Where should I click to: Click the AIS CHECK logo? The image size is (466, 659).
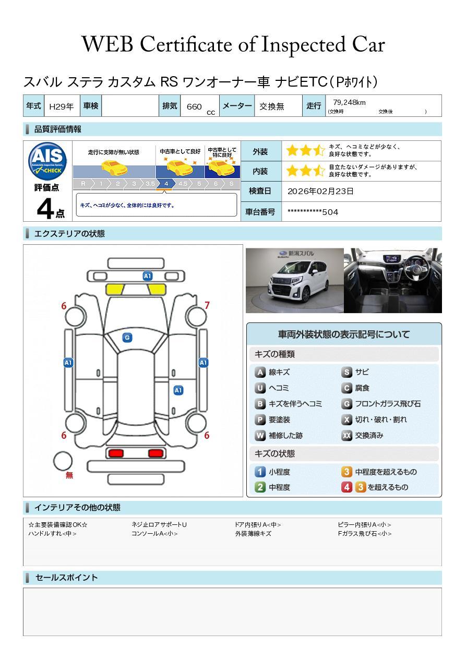[x=47, y=161]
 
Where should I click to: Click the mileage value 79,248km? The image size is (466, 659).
[x=349, y=102]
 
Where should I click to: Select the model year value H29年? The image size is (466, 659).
[x=61, y=106]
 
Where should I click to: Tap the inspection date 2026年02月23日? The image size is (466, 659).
[x=320, y=191]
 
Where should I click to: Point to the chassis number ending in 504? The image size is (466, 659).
[x=313, y=212]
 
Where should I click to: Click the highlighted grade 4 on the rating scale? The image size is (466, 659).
[x=166, y=184]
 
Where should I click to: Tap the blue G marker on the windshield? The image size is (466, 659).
[x=127, y=338]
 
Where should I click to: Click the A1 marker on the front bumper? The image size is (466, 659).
[x=147, y=276]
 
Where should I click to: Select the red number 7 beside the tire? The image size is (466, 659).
[x=207, y=305]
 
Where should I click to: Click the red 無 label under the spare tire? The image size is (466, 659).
[x=69, y=475]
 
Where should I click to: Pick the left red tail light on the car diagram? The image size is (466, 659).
[x=116, y=453]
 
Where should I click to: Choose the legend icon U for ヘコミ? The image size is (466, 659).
[x=260, y=388]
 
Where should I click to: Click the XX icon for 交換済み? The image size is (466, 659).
[x=346, y=435]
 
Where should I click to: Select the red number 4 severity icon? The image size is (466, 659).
[x=346, y=487]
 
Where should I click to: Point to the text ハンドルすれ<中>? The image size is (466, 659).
[x=52, y=533]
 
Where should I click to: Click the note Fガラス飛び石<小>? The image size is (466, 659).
[x=365, y=533]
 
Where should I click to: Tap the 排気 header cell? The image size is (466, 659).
[x=170, y=105]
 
